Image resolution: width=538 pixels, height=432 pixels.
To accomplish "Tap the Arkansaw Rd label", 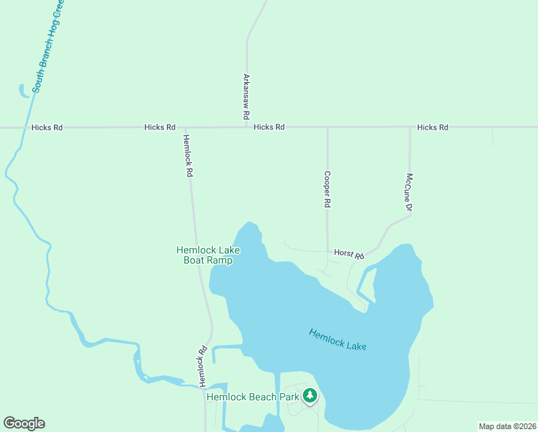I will pos(246,96).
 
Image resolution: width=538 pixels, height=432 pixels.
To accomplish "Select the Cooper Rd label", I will pos(327,189).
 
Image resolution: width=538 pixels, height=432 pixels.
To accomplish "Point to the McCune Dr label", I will pos(409,193).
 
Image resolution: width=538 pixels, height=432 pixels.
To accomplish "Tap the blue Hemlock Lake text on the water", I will pos(337,340).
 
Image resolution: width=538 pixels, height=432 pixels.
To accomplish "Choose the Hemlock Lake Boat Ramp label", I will pos(208,255).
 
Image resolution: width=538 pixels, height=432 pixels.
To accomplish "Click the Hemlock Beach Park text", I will pos(252,397).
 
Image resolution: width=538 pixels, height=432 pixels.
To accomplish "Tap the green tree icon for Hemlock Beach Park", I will pos(310,395).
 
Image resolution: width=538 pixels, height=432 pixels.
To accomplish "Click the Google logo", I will pos(24,423).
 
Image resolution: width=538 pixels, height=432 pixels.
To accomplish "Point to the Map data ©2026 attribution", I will pos(508,426).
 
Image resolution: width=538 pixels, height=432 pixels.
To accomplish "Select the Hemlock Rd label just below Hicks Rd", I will pos(188,156).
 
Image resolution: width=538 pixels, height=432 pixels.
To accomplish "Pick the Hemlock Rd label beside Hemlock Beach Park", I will pos(203,365).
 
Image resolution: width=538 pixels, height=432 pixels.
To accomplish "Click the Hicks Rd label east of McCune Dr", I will pos(432,127).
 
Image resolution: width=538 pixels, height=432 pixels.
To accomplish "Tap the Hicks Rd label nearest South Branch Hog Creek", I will pos(47,127).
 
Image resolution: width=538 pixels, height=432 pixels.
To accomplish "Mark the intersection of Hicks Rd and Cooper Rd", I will pos(327,127).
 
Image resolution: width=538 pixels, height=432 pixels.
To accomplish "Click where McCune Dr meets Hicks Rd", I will pos(410,127).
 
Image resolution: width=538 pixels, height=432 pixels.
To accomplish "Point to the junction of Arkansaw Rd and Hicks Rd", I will pos(247,127).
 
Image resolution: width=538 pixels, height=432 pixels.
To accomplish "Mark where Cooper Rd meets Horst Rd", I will pos(328,251).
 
